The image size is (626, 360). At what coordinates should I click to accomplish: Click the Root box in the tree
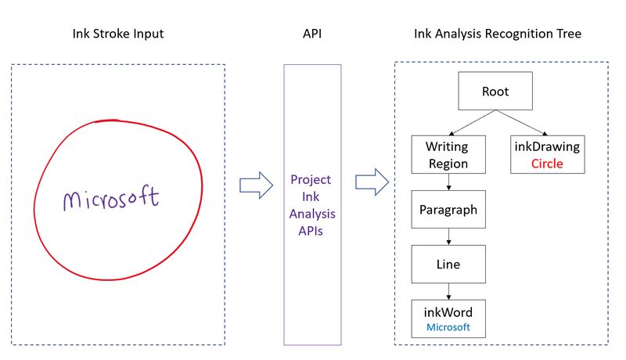[495, 92]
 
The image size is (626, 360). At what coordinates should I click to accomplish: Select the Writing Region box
[448, 154]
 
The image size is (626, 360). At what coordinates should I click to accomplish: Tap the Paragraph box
[448, 210]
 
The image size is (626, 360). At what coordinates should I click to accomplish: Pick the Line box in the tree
[448, 265]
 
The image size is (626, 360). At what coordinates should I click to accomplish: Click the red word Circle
[547, 164]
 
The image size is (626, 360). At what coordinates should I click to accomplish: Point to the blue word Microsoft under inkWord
[448, 328]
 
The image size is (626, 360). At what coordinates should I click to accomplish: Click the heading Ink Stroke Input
[117, 35]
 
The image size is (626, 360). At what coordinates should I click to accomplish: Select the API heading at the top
[312, 35]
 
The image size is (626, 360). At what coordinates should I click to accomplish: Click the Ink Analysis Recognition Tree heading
[498, 35]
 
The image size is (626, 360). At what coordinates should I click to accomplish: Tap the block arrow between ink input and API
[255, 185]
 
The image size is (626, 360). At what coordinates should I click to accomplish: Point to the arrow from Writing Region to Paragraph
[448, 182]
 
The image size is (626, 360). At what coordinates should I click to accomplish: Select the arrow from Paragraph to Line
[448, 237]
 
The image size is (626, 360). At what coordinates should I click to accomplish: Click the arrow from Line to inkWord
[448, 292]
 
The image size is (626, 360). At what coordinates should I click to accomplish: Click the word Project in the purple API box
[311, 179]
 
